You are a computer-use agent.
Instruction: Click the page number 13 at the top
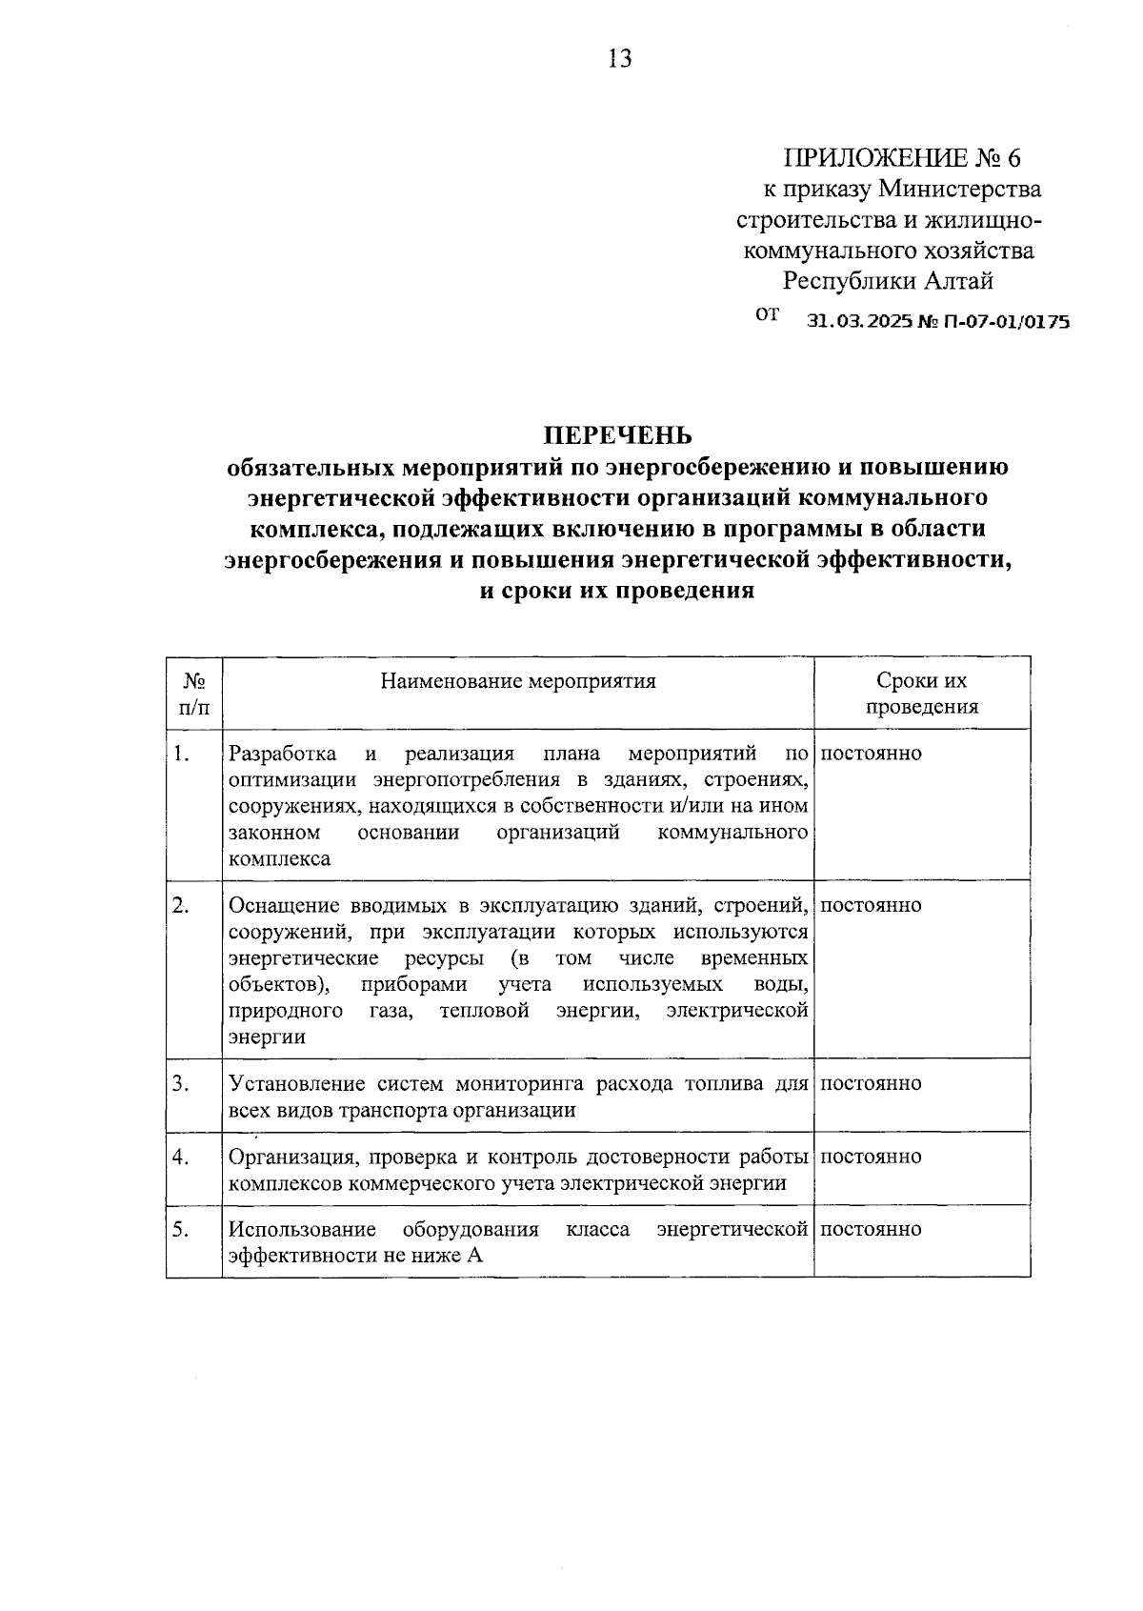(618, 59)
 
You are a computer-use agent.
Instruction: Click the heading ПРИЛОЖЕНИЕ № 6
(901, 157)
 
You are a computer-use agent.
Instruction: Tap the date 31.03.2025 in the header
(859, 322)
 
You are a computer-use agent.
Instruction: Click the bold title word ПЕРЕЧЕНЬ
(617, 435)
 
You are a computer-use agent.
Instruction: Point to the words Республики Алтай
(888, 282)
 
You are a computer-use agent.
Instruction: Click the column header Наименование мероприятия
(518, 681)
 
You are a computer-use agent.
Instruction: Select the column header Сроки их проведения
(921, 694)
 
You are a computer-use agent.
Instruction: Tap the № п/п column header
(194, 694)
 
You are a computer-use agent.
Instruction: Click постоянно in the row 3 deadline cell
(871, 1083)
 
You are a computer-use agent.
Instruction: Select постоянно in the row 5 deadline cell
(871, 1229)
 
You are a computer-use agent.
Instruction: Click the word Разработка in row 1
(283, 755)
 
